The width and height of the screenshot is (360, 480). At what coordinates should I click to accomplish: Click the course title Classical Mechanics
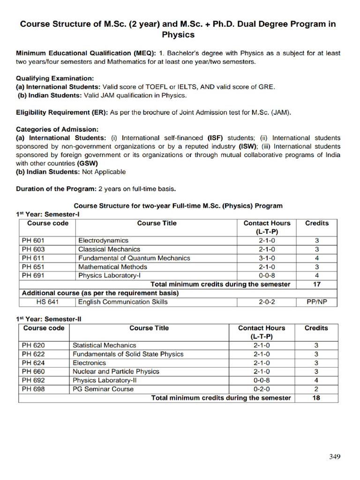(x=109, y=249)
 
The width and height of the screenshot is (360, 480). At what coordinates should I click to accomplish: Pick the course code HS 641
(x=47, y=302)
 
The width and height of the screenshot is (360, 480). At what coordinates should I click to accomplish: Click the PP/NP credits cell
(x=316, y=302)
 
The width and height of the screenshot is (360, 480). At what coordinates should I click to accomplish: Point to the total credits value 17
(x=316, y=284)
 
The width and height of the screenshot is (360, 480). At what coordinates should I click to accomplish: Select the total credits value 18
(x=316, y=398)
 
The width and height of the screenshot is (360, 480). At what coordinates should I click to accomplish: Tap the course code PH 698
(x=34, y=389)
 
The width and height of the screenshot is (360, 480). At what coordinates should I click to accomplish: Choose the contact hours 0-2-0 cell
(x=262, y=389)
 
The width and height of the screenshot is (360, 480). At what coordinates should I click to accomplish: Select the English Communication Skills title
(x=123, y=302)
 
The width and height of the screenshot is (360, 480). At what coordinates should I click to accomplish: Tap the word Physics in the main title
(x=178, y=35)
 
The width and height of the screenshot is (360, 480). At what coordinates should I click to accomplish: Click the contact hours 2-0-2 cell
(x=267, y=302)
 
